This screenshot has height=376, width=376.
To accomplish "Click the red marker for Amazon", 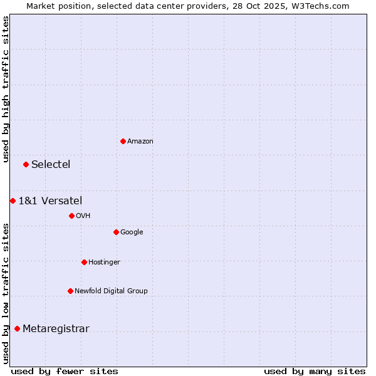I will [123, 141].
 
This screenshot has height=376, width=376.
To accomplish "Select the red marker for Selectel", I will [26, 164].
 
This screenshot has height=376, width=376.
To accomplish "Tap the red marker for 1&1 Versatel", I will [13, 201].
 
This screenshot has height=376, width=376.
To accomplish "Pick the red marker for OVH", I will [71, 216].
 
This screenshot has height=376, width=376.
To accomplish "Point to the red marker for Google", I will [116, 232].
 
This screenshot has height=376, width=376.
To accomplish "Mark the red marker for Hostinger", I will [84, 262].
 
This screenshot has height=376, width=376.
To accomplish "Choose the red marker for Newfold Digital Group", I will [70, 291].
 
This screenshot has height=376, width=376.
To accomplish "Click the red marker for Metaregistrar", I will [17, 328].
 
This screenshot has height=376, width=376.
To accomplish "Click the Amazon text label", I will [140, 142].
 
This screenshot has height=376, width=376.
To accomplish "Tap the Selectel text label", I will [51, 165].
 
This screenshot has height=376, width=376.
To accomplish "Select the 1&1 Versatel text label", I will [50, 201].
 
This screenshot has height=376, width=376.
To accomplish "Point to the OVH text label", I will [83, 216].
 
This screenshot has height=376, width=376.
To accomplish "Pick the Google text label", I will [132, 232].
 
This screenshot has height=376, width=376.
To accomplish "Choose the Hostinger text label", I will [104, 263].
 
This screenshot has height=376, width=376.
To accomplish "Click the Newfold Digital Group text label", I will [111, 291].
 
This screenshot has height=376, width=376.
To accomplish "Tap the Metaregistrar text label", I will [56, 329].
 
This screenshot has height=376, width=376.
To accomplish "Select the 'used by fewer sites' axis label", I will [65, 371].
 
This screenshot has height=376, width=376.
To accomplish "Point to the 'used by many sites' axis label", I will [314, 371].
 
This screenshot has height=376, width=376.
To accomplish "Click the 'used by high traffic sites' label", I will [6, 89].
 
